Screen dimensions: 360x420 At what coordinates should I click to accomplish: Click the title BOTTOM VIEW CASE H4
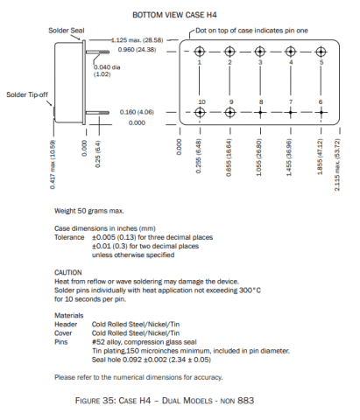pyautogui.click(x=179, y=16)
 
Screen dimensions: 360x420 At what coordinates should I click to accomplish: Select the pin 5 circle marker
pyautogui.click(x=321, y=51)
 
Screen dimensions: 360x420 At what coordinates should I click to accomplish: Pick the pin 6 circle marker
pyautogui.click(x=321, y=113)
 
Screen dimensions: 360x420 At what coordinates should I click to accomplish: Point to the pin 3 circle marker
pyautogui.click(x=260, y=51)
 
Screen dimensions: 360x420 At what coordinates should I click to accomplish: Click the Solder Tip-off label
pyautogui.click(x=26, y=94)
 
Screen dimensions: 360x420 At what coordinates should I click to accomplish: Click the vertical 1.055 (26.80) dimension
pyautogui.click(x=260, y=156)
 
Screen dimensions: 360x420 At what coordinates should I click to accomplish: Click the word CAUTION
pyautogui.click(x=68, y=272)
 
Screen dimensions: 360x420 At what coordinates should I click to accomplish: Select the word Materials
pyautogui.click(x=69, y=314)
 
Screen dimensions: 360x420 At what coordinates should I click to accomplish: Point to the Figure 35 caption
pyautogui.click(x=179, y=400)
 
